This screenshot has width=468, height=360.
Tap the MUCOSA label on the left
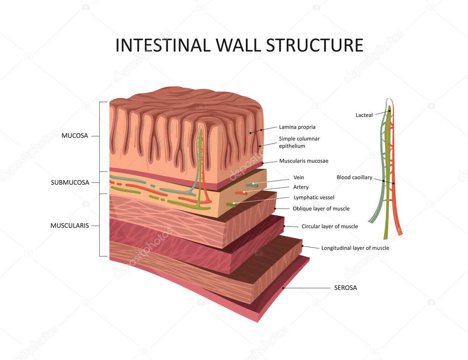click(74, 135)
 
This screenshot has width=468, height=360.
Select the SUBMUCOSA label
click(69, 183)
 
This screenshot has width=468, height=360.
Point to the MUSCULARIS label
click(69, 226)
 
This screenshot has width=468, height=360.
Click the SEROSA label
click(346, 288)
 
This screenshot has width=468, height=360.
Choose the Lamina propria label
click(297, 127)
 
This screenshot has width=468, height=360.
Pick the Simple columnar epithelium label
click(299, 142)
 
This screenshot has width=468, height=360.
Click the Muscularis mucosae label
click(303, 161)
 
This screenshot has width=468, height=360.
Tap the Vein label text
click(298, 177)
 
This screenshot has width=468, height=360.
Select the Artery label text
click(301, 187)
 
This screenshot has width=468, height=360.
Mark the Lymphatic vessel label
click(314, 198)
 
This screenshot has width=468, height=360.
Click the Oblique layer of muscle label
click(321, 209)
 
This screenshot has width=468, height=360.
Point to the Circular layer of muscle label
click(330, 226)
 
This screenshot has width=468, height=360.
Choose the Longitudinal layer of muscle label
click(355, 248)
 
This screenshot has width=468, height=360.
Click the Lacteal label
click(364, 115)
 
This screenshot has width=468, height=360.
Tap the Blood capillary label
click(354, 177)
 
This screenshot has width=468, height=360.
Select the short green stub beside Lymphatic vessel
click(231, 204)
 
